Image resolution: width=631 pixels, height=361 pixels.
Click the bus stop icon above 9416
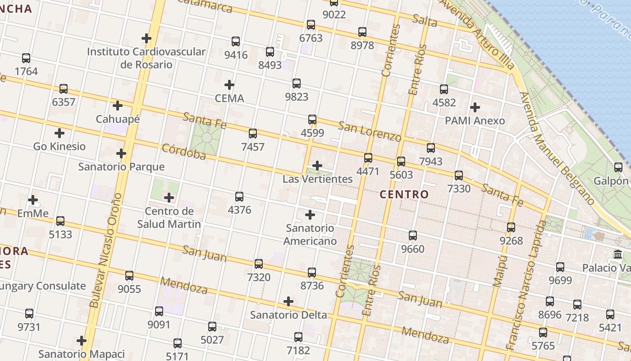point(236,42)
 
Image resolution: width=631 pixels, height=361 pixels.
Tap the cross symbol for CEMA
point(229,84)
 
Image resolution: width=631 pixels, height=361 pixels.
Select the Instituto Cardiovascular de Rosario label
point(146,58)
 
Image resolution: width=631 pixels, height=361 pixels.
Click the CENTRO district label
point(404,194)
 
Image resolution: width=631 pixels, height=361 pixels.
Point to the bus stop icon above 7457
point(253,134)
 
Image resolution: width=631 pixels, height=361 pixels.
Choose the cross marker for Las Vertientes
point(317,166)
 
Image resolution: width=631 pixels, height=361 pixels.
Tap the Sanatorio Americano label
point(310,234)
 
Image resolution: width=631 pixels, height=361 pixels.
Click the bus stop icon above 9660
point(413,236)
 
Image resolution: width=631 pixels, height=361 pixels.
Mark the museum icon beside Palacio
point(618,255)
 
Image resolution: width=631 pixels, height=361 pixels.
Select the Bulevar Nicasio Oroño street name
point(105,250)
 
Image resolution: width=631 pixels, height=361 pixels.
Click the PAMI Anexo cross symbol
point(475,107)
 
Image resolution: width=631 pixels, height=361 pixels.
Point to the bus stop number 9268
point(511,241)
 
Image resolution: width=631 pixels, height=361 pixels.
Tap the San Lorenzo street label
point(370,131)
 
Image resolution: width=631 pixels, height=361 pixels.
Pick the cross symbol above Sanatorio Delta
point(288,301)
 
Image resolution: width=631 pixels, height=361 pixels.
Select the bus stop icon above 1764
point(26,58)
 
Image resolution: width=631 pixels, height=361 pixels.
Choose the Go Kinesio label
point(59,146)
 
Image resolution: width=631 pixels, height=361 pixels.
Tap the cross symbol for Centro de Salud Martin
point(169,198)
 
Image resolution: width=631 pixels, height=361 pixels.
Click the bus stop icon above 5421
point(610,315)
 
